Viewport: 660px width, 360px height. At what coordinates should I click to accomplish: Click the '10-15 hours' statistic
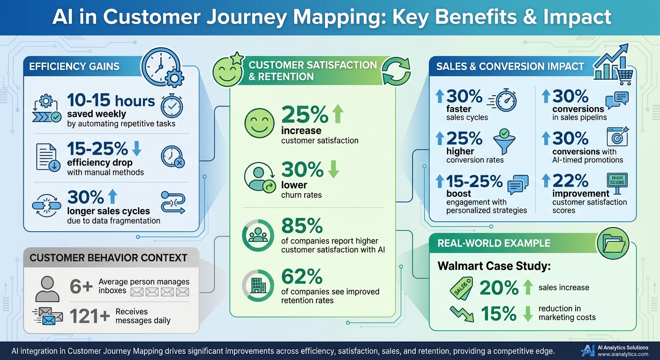click(111, 101)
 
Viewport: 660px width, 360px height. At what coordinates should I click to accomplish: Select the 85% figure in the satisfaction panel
click(301, 226)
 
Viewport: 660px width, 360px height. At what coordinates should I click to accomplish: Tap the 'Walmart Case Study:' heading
click(494, 266)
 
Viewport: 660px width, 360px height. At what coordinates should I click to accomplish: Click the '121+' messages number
click(89, 317)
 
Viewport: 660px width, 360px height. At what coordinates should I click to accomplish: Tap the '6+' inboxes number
click(81, 286)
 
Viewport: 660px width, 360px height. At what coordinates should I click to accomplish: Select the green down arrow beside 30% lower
click(333, 170)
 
